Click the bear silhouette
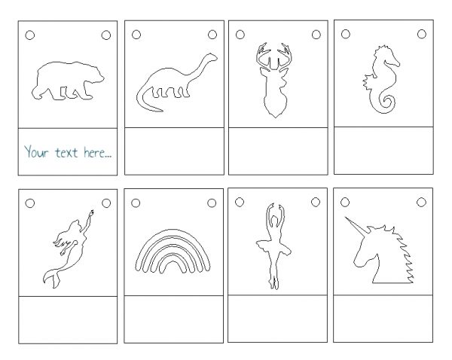point(68,81)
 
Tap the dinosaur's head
point(212,56)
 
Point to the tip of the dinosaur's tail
point(161,111)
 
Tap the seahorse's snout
point(396,63)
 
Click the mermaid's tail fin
point(53,278)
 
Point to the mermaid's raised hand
point(92,213)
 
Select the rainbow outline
point(173,231)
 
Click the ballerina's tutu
point(273,246)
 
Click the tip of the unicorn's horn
point(346,218)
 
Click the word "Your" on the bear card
point(36,151)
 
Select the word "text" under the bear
point(66,152)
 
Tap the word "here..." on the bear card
point(97,152)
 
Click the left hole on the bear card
point(30,35)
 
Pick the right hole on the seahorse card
point(421,34)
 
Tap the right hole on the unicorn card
point(421,202)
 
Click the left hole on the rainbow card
point(136,203)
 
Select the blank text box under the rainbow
point(173,319)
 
